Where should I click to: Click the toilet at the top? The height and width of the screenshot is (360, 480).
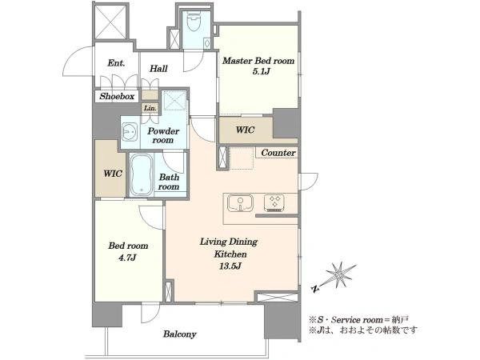(x=194, y=21)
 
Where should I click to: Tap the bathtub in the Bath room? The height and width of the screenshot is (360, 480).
(x=141, y=174)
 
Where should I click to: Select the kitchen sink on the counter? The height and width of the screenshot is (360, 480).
(x=240, y=202)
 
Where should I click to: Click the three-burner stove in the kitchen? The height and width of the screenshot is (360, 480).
(x=274, y=203)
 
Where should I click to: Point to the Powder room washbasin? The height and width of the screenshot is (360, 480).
(x=130, y=132)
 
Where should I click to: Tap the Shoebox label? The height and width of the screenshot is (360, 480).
(x=117, y=97)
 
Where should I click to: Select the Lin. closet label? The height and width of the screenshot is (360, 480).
(x=150, y=108)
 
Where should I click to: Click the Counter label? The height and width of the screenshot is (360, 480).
(x=278, y=153)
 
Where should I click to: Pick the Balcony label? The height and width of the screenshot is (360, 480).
(x=180, y=334)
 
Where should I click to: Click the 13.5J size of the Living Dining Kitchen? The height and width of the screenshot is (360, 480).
(x=230, y=266)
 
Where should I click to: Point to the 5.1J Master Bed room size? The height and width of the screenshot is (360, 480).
(x=261, y=71)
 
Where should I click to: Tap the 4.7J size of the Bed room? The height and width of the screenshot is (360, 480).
(x=127, y=258)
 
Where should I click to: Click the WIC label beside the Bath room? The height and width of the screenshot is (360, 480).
(x=113, y=174)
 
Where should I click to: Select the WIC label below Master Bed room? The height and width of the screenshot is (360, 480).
(x=246, y=130)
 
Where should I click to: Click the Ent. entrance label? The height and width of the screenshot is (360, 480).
(x=116, y=63)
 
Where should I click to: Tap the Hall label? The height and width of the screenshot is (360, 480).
(x=158, y=68)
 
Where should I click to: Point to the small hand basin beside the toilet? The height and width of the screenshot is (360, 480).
(x=207, y=42)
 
